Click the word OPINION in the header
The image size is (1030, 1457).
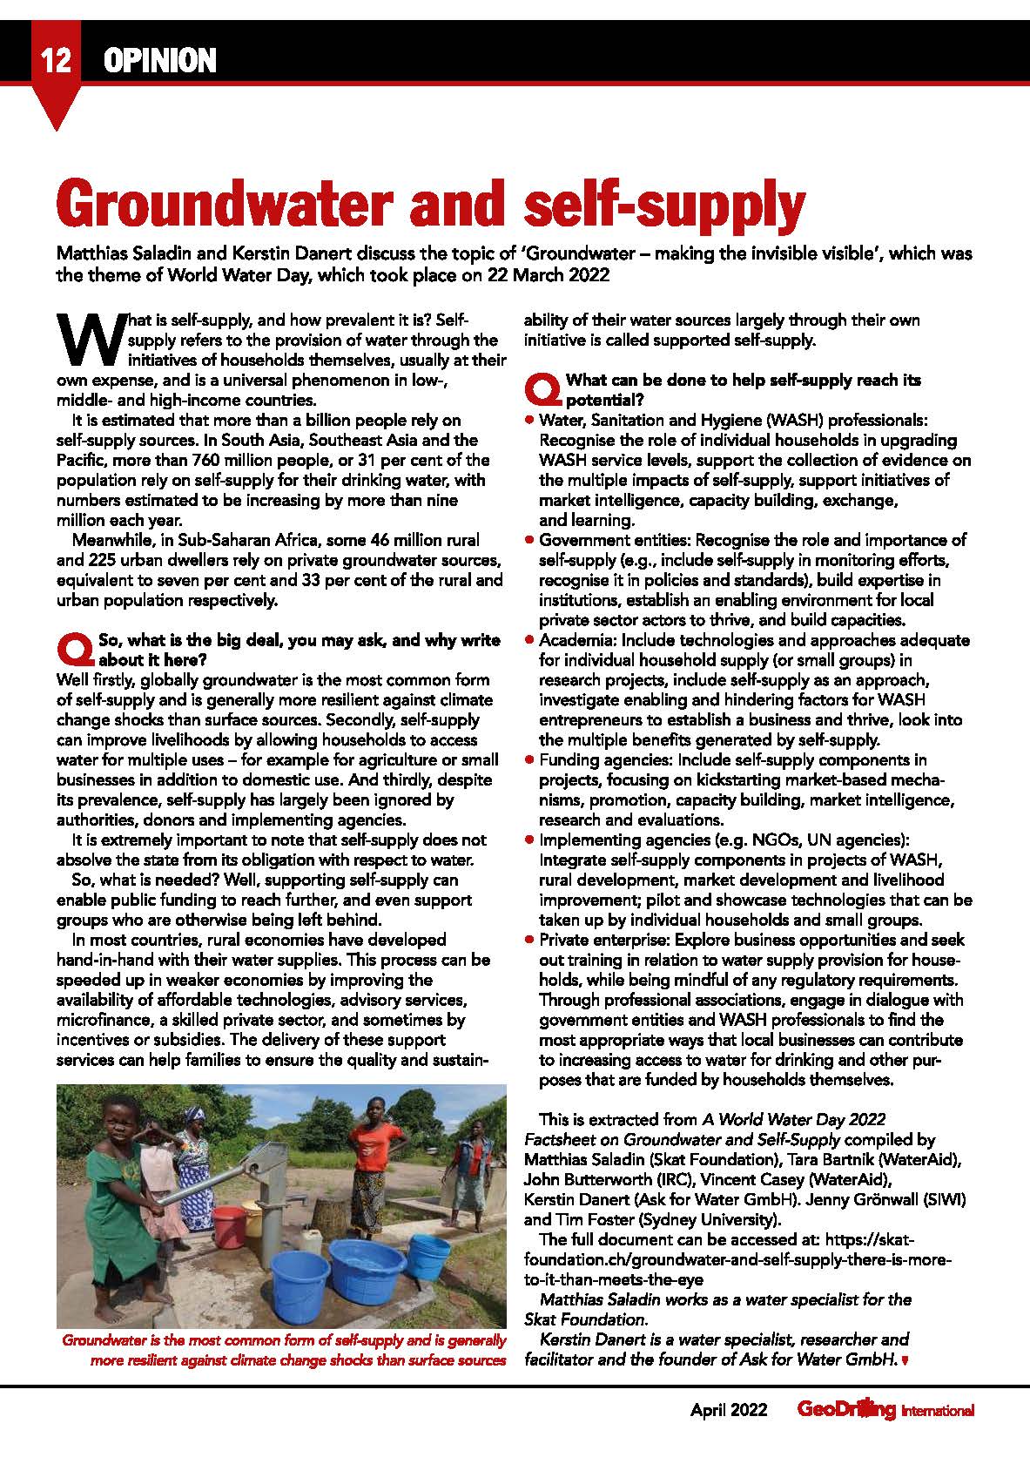(x=158, y=61)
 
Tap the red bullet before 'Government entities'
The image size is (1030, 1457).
(x=528, y=541)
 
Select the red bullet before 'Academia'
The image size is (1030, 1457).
(x=528, y=640)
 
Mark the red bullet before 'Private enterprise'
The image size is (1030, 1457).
(x=528, y=941)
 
